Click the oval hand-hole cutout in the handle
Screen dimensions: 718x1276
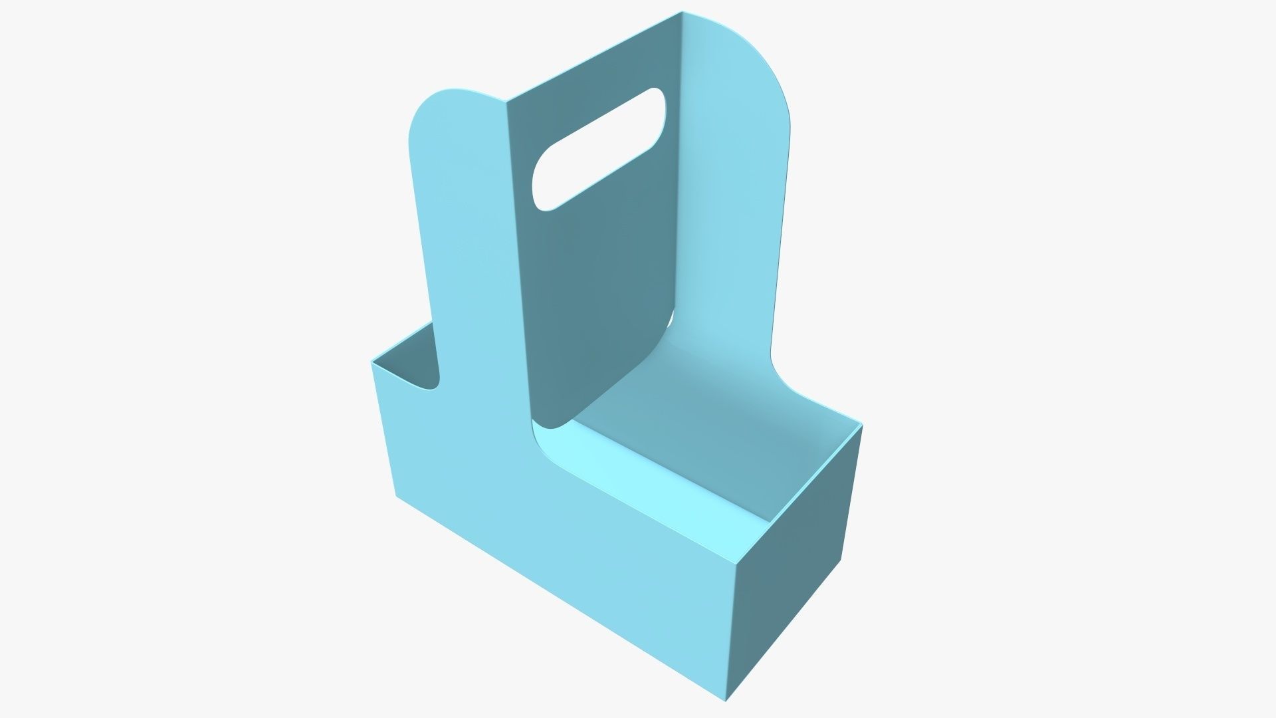(598, 150)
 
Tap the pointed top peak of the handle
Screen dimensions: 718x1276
(682, 12)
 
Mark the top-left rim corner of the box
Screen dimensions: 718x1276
(372, 362)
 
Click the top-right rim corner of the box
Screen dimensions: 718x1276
(862, 425)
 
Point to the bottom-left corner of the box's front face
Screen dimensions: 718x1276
(397, 495)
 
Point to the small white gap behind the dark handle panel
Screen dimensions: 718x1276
(673, 319)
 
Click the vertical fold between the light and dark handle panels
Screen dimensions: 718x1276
(518, 266)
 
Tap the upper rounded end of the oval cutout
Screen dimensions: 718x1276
(655, 100)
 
